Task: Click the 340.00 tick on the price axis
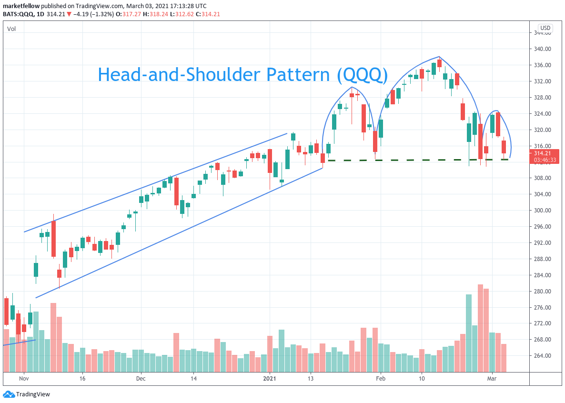pos(542,49)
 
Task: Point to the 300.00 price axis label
pos(542,211)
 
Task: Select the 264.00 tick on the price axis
pos(542,356)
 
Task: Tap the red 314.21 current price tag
pos(543,153)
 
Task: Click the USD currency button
pos(545,28)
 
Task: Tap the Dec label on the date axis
pos(141,379)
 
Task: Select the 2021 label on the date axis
pos(270,379)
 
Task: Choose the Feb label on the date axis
pos(380,379)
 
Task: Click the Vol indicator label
pos(11,29)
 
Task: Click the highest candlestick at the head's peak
pos(439,62)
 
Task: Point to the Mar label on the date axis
pos(492,379)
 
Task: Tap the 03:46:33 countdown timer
pos(544,160)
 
